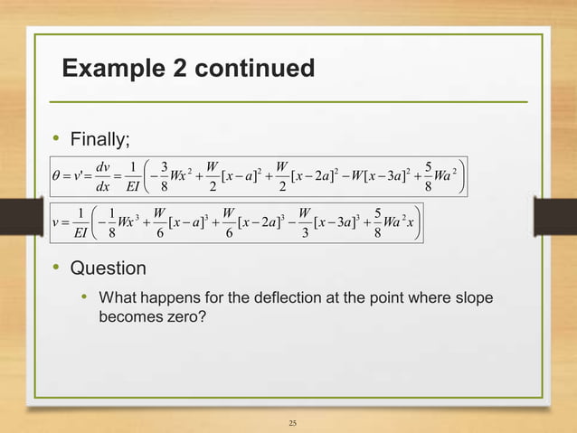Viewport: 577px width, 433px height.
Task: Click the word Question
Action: point(108,268)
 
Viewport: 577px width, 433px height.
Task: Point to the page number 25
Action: point(291,421)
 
